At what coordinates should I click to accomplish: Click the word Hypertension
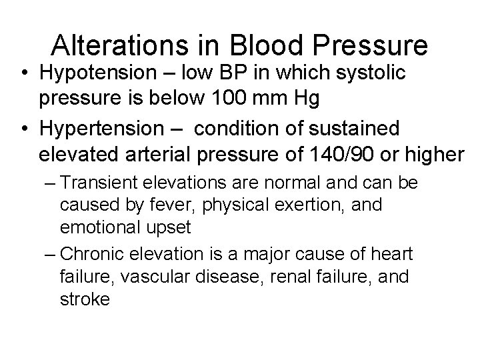[103, 127]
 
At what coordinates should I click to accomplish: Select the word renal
[282, 277]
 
